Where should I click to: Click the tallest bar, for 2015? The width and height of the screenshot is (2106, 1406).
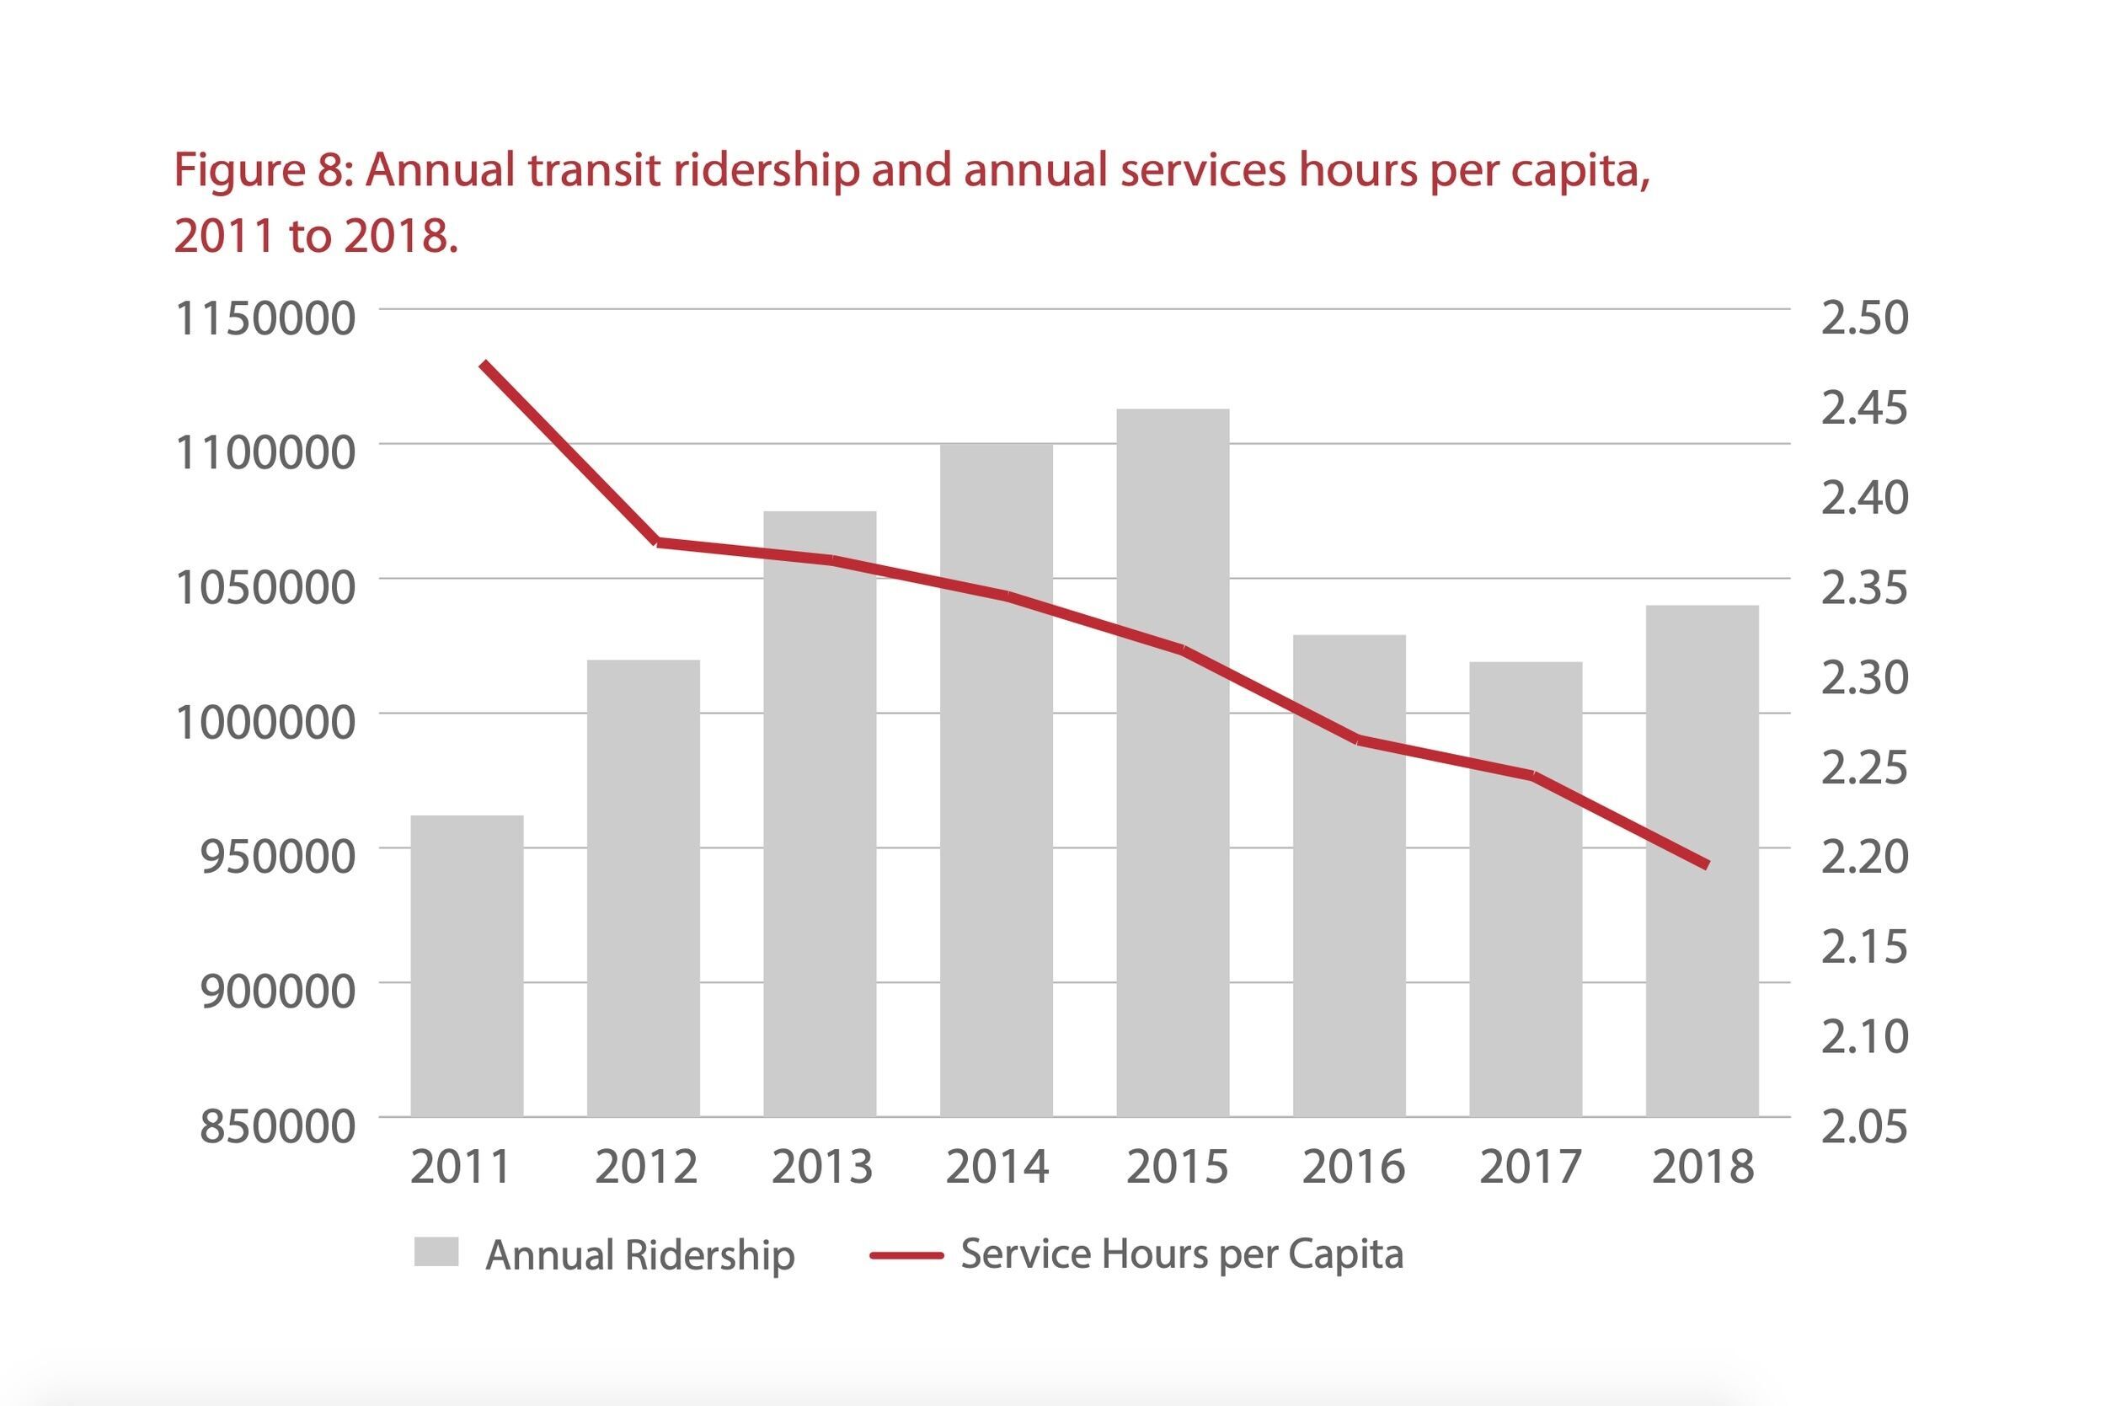pyautogui.click(x=1172, y=762)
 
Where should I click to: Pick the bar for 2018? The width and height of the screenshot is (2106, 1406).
pyautogui.click(x=1702, y=861)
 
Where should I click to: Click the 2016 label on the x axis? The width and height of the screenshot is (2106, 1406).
pyautogui.click(x=1353, y=1167)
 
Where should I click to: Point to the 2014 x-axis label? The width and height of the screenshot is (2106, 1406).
pyautogui.click(x=997, y=1167)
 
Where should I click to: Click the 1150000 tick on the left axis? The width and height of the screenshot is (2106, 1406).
pyautogui.click(x=265, y=318)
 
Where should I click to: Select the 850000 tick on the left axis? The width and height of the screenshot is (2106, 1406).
pyautogui.click(x=277, y=1126)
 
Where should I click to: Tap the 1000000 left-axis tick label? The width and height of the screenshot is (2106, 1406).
pyautogui.click(x=265, y=723)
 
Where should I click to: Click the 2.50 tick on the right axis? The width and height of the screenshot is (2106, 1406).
pyautogui.click(x=1865, y=318)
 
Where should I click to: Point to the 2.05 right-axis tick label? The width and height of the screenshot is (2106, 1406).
pyautogui.click(x=1865, y=1126)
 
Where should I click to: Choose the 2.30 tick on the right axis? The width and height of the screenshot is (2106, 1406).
pyautogui.click(x=1865, y=678)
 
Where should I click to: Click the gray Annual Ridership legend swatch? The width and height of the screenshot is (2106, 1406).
pyautogui.click(x=436, y=1252)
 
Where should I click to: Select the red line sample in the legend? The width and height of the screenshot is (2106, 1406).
pyautogui.click(x=906, y=1255)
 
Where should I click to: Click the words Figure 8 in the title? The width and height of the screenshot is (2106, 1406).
pyautogui.click(x=260, y=170)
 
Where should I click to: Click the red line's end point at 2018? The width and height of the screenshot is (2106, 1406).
pyautogui.click(x=1706, y=865)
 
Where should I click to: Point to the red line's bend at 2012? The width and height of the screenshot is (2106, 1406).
pyautogui.click(x=658, y=542)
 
